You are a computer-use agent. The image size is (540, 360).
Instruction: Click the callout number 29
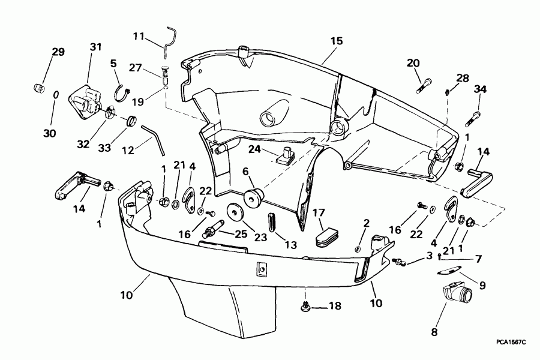coord(58,53)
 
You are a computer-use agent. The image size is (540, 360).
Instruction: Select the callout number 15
coord(336,41)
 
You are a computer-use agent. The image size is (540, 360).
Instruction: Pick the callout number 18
coord(334,306)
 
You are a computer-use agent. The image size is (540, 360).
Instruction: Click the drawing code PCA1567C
coord(511,341)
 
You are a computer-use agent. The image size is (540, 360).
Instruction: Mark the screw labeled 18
coord(306,307)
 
